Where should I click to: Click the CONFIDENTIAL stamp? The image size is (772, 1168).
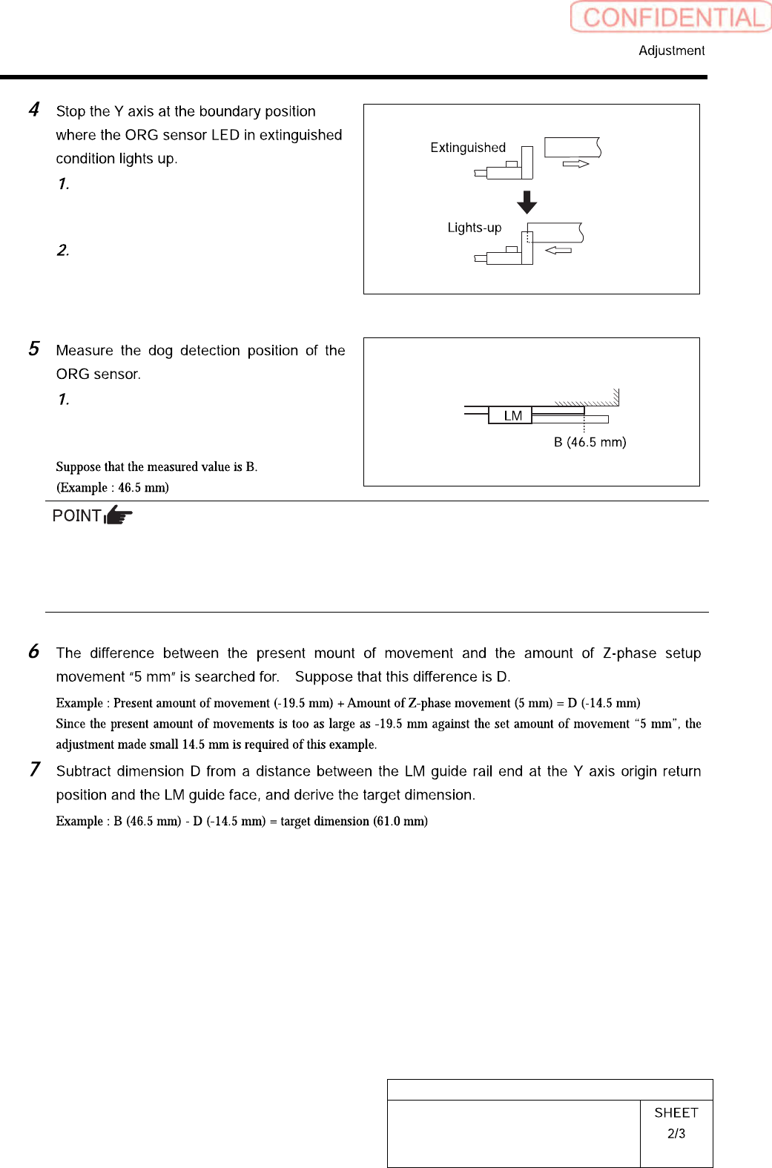tap(671, 17)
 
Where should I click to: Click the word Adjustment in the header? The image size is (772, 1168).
tap(671, 50)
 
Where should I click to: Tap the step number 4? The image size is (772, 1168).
tap(34, 110)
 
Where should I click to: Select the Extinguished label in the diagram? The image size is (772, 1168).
tap(468, 148)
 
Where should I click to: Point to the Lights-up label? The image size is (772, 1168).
tap(474, 228)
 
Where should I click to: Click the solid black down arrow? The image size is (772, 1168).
tap(527, 202)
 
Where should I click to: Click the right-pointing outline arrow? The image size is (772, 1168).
tap(575, 164)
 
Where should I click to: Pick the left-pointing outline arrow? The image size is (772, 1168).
tap(558, 251)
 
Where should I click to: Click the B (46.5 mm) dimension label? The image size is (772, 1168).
tap(590, 442)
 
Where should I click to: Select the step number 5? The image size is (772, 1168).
tap(34, 349)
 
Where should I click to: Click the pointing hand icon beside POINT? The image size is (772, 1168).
tap(119, 515)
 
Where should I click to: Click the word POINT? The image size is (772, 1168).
tap(76, 515)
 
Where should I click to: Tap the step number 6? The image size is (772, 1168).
tap(34, 651)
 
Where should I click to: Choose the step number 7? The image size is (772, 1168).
tap(34, 769)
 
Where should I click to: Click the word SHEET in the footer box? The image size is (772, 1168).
tap(676, 1112)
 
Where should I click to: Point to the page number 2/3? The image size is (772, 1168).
tap(676, 1134)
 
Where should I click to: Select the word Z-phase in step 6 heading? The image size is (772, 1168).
tap(629, 653)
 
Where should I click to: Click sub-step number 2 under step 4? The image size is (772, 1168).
tap(63, 250)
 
